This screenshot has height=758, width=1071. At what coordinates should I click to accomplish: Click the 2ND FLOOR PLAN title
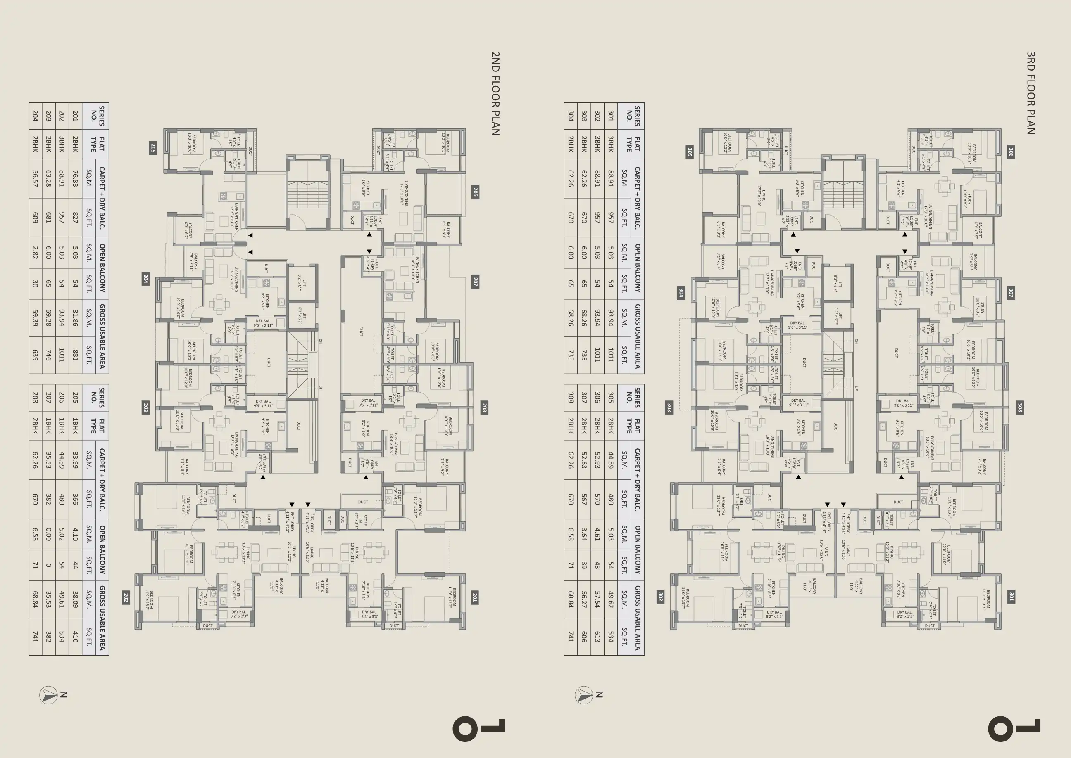click(x=495, y=93)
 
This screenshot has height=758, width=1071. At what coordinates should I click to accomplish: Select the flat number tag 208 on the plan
click(x=484, y=408)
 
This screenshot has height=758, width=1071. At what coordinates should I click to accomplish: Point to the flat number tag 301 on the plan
click(x=1011, y=597)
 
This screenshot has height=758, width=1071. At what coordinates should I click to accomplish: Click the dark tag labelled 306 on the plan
click(x=1011, y=152)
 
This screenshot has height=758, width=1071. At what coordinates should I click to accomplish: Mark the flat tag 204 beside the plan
click(x=146, y=279)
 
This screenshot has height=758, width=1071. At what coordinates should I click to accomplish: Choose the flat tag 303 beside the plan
click(x=669, y=407)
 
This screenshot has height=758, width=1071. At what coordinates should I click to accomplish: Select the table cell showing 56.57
click(x=35, y=178)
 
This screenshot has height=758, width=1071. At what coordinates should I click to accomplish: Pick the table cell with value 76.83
click(x=75, y=178)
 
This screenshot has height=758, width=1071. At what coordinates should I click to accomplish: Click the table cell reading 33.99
click(x=75, y=460)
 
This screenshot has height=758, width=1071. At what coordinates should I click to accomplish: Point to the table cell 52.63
click(x=584, y=460)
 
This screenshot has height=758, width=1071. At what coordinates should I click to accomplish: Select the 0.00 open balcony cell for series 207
click(x=49, y=534)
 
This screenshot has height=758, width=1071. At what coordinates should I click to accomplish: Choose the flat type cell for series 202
click(x=62, y=144)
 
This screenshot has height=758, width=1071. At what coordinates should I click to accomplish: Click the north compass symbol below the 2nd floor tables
click(x=49, y=695)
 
